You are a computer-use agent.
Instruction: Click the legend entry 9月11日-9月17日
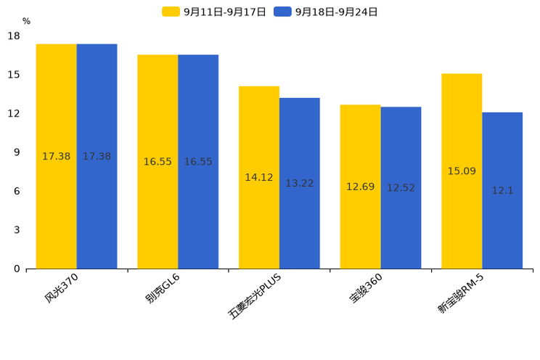(x=215, y=12)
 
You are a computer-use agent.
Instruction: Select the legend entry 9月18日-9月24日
(x=327, y=12)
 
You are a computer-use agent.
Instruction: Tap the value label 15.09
(x=462, y=171)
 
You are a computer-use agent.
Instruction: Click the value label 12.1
(x=502, y=191)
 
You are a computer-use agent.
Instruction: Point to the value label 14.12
(x=259, y=178)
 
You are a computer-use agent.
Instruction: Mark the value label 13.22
(x=299, y=184)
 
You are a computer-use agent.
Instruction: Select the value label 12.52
(x=401, y=188)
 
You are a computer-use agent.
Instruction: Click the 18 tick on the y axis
(x=14, y=36)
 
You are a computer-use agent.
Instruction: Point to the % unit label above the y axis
(x=26, y=22)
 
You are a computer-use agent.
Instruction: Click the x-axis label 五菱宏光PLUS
(x=255, y=295)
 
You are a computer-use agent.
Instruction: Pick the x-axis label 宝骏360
(x=366, y=288)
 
